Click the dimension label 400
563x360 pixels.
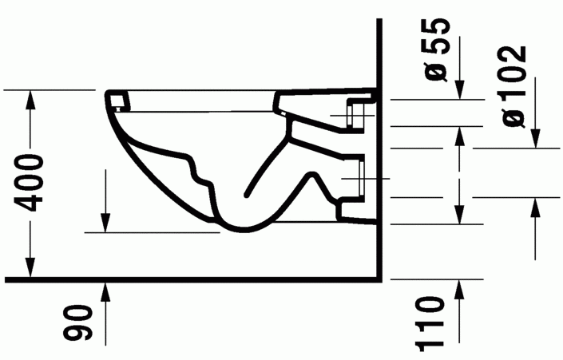click(29, 184)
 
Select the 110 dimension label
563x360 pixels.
click(431, 322)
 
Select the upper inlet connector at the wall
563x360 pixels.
click(357, 111)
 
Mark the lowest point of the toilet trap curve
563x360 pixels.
click(240, 231)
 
